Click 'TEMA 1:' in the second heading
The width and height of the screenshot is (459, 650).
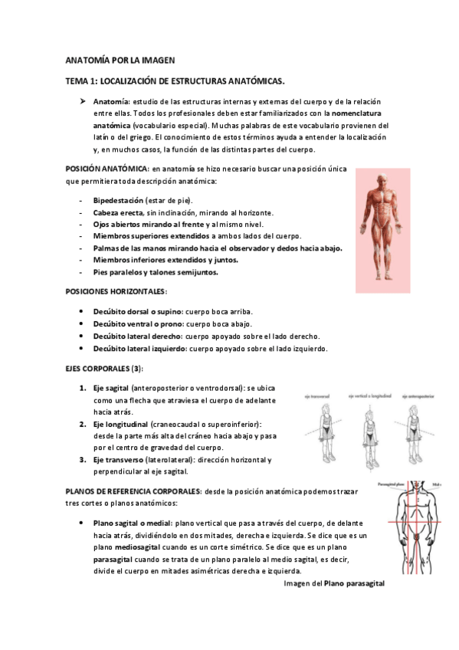coord(80,80)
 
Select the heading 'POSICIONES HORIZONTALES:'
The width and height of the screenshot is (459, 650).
coord(115,292)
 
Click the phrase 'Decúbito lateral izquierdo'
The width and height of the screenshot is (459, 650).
coord(139,349)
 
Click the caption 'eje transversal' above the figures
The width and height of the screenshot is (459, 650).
coord(316,397)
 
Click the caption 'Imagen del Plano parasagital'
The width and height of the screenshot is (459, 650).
coord(333,583)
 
